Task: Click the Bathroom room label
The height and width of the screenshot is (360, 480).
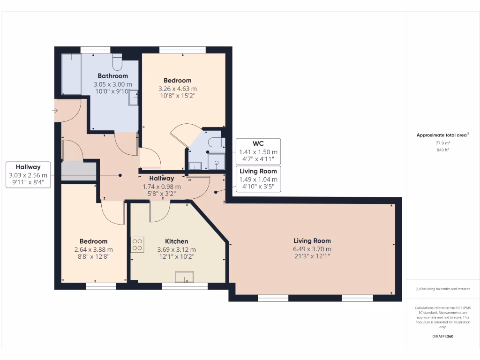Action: tap(112, 76)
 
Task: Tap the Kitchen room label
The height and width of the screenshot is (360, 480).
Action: tap(176, 241)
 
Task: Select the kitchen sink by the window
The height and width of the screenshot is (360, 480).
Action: tap(185, 277)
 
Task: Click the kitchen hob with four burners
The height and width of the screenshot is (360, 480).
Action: tap(138, 245)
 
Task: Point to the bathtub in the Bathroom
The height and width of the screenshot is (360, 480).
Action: tap(71, 74)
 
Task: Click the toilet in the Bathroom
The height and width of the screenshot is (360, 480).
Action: tap(117, 61)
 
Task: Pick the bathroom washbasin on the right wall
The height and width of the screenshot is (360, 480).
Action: tap(134, 97)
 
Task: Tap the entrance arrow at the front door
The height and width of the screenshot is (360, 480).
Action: tap(55, 111)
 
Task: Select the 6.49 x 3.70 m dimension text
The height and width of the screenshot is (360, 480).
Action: tap(312, 249)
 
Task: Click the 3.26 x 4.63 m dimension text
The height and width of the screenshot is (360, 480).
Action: tap(177, 88)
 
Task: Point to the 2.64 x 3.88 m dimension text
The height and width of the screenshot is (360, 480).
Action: tap(93, 249)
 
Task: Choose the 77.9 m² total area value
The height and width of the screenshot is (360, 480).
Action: tap(443, 143)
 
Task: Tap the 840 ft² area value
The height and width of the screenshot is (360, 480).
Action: tap(443, 150)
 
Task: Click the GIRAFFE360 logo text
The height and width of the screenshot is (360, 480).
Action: tap(443, 336)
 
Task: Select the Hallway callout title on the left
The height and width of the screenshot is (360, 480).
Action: tap(28, 167)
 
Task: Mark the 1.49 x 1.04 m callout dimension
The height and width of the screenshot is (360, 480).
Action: tap(258, 179)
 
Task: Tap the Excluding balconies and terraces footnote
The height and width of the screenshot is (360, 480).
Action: tap(443, 289)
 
